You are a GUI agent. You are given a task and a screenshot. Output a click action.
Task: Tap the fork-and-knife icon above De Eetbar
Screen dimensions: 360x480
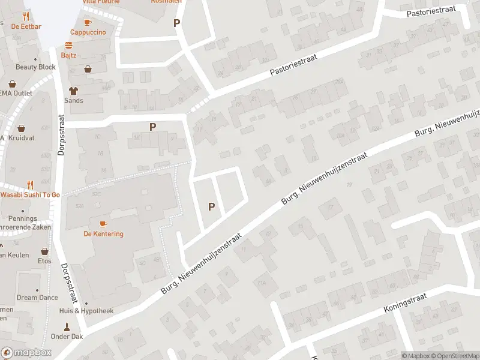[x=25, y=16]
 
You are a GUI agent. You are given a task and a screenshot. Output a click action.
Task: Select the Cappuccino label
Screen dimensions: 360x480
[x=88, y=32]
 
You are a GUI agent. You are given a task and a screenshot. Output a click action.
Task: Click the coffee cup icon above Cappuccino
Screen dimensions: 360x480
[x=88, y=22]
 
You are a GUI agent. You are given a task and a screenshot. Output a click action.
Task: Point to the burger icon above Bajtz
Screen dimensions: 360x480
[x=69, y=46]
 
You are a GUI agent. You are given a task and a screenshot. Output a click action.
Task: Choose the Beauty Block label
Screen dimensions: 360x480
[x=35, y=67]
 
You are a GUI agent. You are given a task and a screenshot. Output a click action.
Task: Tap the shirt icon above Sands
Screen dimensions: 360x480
[x=73, y=91]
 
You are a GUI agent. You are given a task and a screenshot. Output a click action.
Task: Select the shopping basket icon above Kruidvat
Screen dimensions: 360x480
[x=22, y=128]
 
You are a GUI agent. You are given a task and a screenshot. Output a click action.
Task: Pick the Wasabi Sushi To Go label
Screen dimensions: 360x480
[x=30, y=195]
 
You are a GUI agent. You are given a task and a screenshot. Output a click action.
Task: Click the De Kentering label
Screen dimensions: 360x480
[x=103, y=234]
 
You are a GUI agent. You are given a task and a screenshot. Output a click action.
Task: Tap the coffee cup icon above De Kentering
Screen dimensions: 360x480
[x=103, y=224]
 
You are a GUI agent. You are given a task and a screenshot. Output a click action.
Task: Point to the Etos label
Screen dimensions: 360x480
[x=44, y=261]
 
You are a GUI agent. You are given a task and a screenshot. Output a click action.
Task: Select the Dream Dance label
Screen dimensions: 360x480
[x=37, y=298]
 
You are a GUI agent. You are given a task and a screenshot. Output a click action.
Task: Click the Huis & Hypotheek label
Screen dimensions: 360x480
[x=86, y=311]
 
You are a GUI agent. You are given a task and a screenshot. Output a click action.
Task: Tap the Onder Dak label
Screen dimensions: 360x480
[x=67, y=337]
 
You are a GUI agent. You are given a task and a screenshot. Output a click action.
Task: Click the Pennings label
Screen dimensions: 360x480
[x=23, y=219]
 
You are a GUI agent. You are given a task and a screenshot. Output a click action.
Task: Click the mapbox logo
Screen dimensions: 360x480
[x=25, y=353]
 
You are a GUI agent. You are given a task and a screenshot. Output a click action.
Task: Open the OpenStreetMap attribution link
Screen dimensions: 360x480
[x=459, y=356]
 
